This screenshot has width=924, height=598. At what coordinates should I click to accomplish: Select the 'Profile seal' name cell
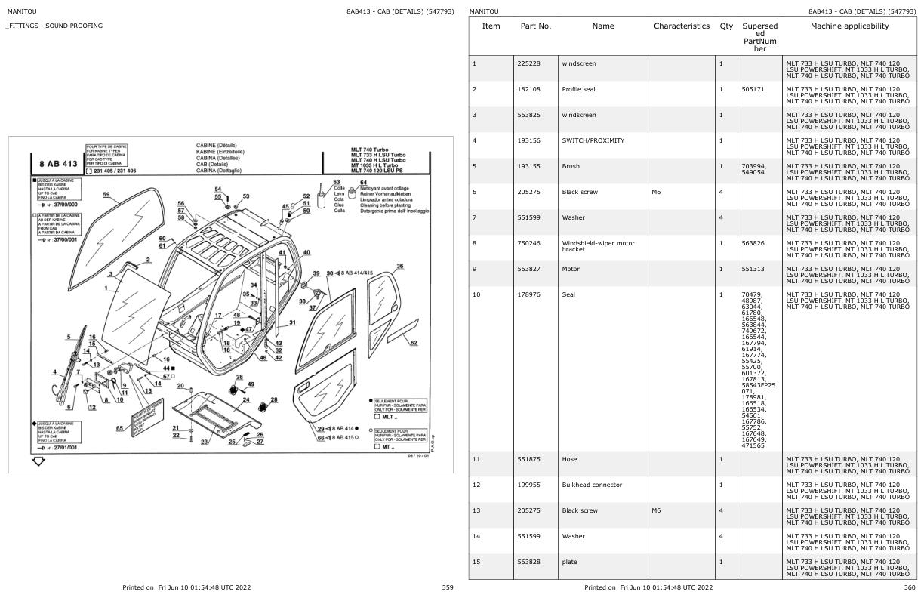[578, 89]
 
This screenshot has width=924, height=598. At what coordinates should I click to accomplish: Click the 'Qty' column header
[726, 26]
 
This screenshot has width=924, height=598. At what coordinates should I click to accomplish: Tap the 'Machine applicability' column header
[849, 26]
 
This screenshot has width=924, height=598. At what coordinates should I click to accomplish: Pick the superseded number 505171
[753, 89]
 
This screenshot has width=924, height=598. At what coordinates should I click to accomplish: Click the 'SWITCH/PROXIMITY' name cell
[593, 140]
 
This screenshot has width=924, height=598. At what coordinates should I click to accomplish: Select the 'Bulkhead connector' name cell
[592, 485]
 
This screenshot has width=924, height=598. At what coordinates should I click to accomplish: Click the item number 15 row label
[476, 562]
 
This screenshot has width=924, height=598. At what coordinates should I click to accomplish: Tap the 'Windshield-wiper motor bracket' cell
[598, 246]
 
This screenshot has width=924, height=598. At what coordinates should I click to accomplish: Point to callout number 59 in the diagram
[106, 195]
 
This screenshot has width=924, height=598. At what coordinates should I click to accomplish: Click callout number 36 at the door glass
[399, 266]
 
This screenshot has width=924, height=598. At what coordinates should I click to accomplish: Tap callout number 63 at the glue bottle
[337, 182]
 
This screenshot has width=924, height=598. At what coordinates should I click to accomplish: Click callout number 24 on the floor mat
[246, 399]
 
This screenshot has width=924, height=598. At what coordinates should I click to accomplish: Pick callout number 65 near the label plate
[119, 428]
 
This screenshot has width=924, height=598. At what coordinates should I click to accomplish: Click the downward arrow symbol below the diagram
[38, 461]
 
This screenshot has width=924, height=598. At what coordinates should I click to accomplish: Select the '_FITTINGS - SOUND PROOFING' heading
[54, 26]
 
